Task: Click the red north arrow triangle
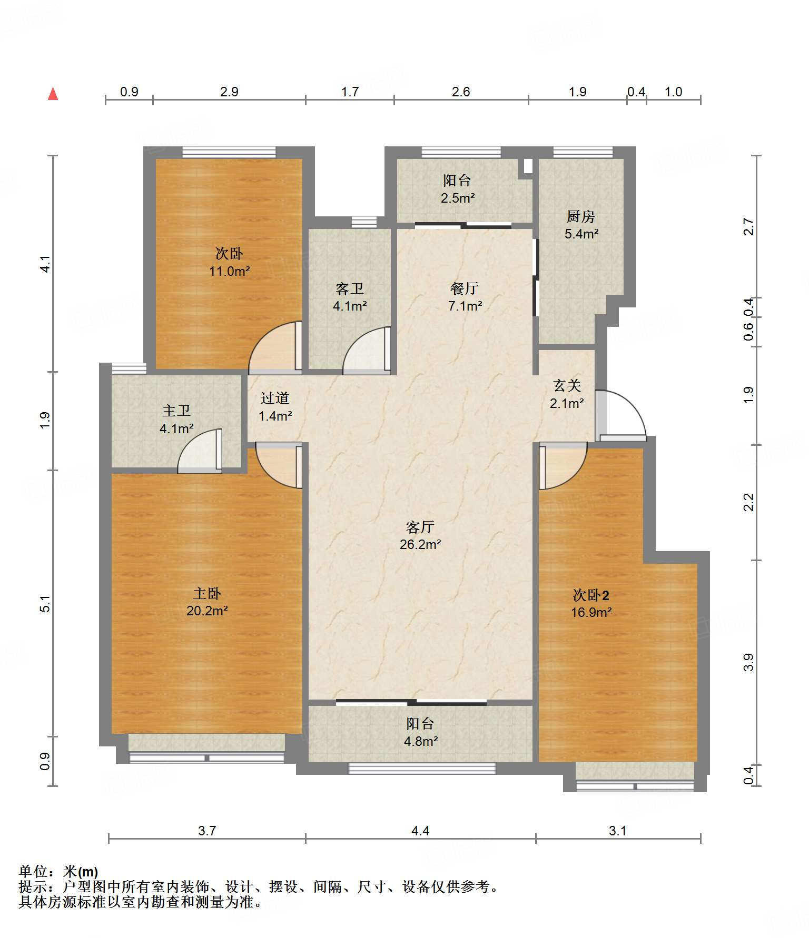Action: click(53, 94)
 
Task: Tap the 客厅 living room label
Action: click(420, 526)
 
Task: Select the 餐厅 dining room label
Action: click(464, 288)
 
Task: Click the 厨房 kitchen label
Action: click(580, 216)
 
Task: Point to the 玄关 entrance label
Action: click(567, 385)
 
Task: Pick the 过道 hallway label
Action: click(274, 398)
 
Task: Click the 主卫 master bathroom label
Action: click(176, 411)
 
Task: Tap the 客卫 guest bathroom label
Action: click(349, 288)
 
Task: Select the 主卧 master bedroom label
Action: click(206, 593)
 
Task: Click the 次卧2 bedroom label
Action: click(591, 595)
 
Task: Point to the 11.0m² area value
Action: click(229, 272)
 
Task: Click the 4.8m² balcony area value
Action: click(421, 741)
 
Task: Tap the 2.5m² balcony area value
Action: click(458, 198)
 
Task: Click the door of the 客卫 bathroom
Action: click(367, 351)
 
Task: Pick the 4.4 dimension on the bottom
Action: click(420, 830)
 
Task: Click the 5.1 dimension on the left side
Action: click(45, 603)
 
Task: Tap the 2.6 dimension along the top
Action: click(460, 92)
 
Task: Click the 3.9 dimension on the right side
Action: click(748, 662)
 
